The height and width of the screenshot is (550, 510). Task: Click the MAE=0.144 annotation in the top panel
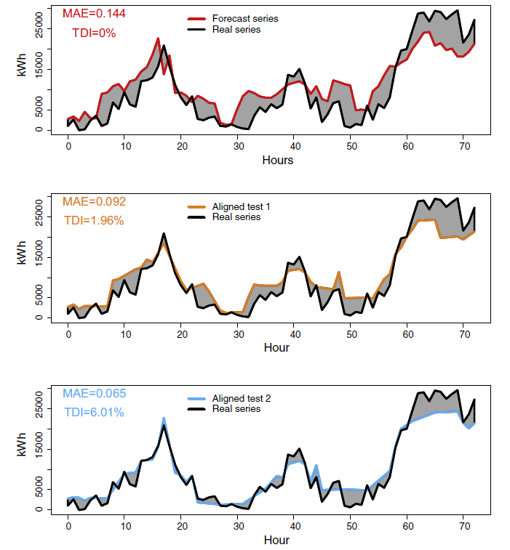coord(92,13)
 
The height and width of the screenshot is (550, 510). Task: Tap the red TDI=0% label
coord(94,33)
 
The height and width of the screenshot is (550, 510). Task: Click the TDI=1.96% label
coord(94,221)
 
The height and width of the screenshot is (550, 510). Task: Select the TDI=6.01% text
coord(94,413)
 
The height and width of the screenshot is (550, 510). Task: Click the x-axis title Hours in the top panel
coord(278,160)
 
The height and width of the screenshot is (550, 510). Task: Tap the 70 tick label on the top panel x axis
coord(463,145)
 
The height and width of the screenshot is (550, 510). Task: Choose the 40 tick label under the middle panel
coord(294,333)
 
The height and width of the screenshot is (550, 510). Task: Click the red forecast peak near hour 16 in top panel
coord(158,39)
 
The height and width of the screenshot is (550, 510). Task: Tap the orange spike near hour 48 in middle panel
coord(339,272)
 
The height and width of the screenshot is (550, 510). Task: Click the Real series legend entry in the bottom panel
coord(236,409)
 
